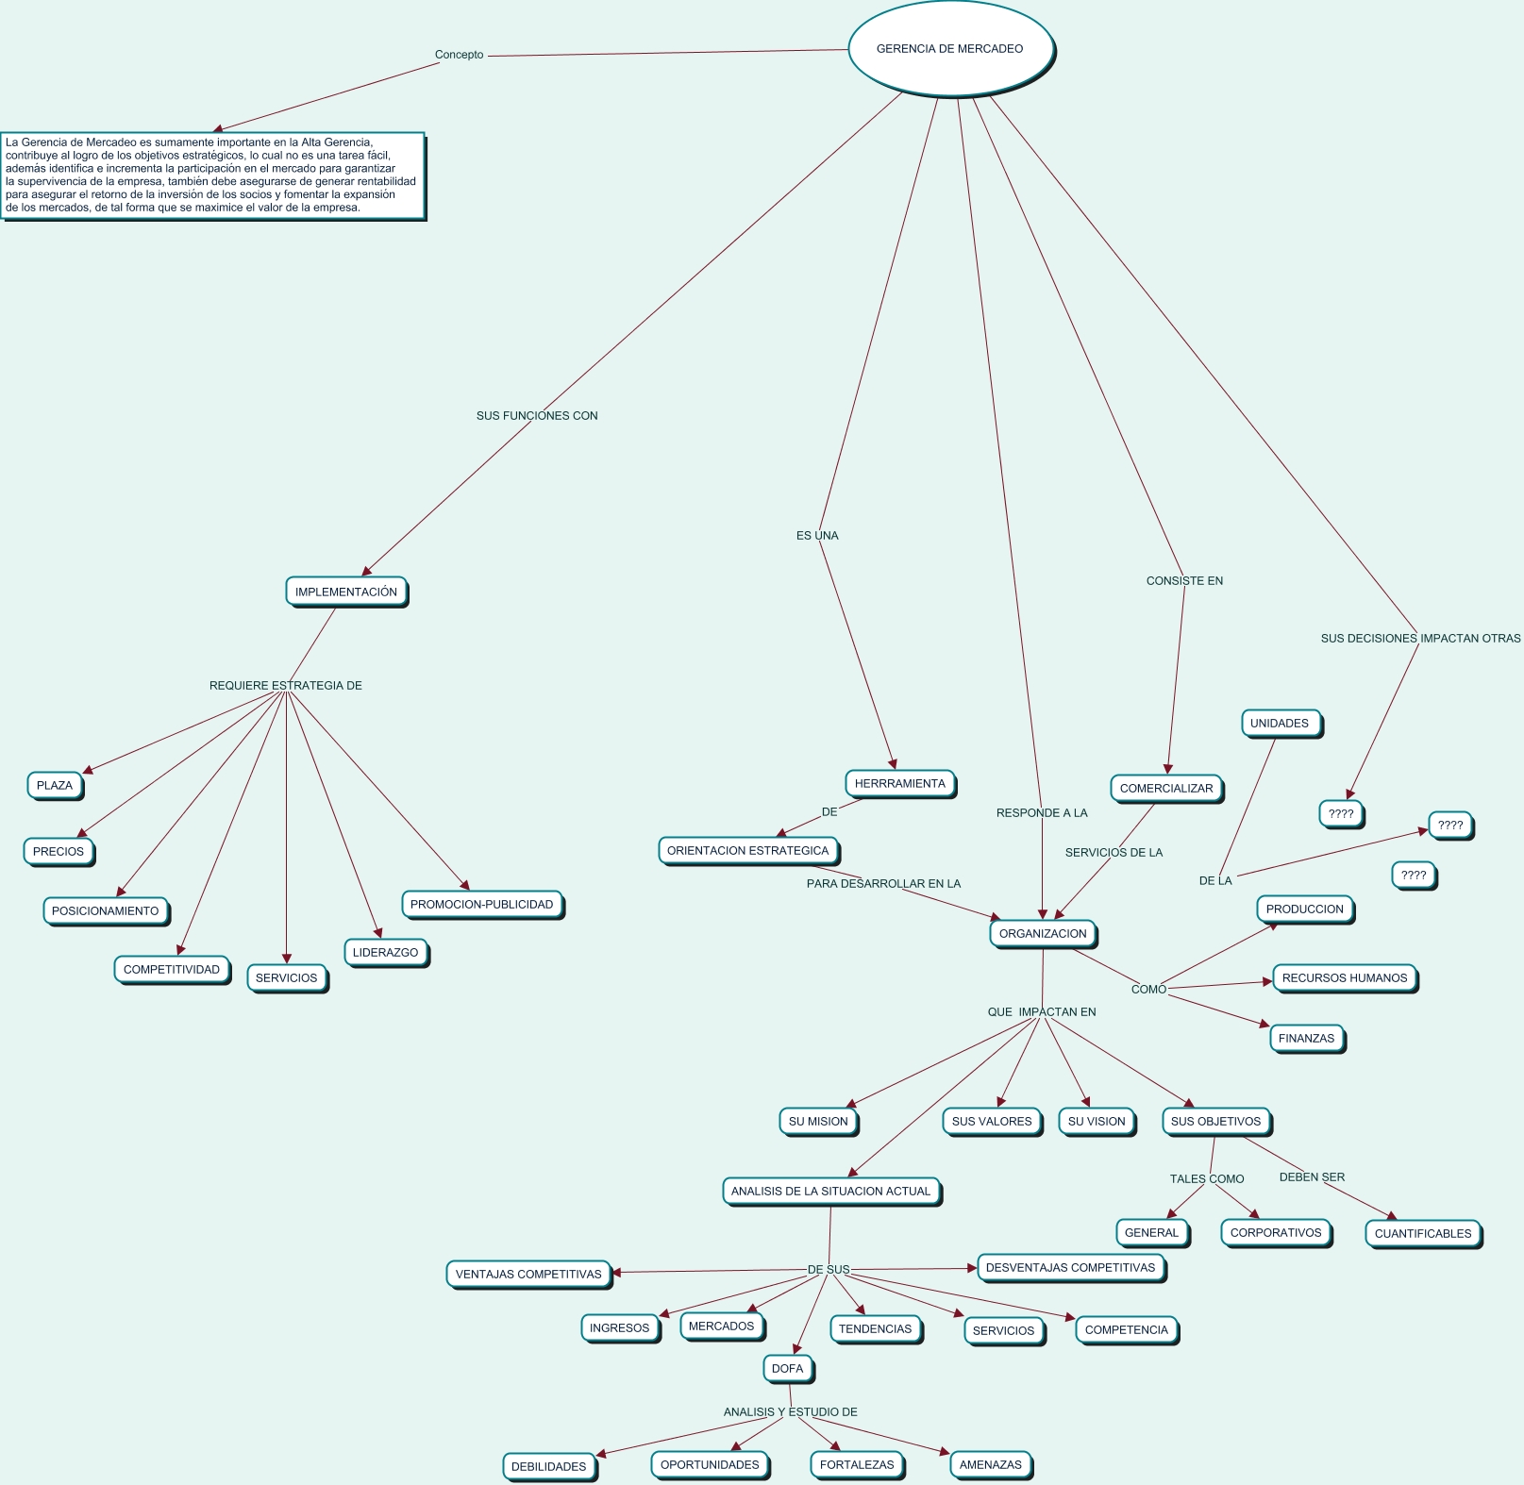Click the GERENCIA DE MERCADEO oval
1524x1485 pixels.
click(949, 49)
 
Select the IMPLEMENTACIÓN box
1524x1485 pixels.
click(346, 592)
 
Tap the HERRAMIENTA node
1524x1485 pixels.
click(899, 783)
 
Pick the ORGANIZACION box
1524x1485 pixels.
click(1043, 933)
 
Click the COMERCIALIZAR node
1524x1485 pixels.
click(1166, 788)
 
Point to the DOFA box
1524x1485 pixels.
click(787, 1368)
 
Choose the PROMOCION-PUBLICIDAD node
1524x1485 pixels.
click(481, 904)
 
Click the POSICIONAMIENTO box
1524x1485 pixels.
click(105, 910)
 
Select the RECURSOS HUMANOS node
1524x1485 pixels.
click(1344, 977)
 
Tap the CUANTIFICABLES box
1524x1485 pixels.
click(1422, 1233)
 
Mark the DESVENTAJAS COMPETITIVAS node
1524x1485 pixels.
click(1070, 1267)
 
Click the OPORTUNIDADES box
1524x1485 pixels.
click(710, 1464)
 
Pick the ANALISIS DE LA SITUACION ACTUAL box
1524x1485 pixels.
click(830, 1191)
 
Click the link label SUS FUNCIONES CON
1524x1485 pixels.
click(537, 415)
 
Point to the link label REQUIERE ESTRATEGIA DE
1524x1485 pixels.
click(285, 685)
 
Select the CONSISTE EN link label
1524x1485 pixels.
click(1184, 580)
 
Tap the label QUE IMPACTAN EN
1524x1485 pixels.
click(1042, 1011)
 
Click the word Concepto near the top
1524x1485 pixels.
click(459, 55)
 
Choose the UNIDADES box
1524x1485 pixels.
click(1279, 723)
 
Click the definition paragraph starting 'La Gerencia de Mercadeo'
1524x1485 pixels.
click(211, 175)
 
